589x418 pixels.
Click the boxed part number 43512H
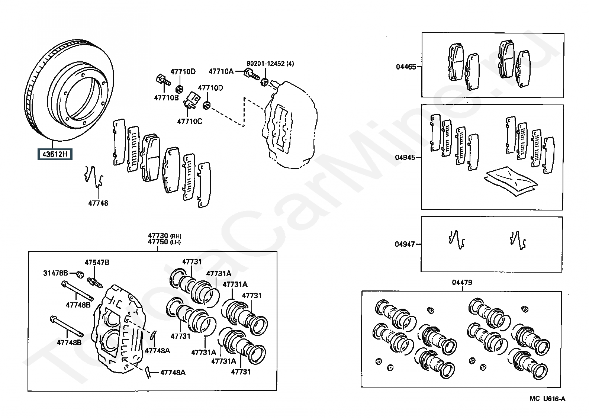55,154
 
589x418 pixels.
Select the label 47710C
190,121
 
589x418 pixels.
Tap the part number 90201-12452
265,63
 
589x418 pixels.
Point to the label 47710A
221,71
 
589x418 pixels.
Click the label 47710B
166,97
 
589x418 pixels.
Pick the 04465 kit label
406,67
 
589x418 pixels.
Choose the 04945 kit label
405,157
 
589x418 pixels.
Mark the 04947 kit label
405,244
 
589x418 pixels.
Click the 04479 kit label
462,282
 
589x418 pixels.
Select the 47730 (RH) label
165,235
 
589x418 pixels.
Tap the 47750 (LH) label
164,242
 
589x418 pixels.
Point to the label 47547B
97,262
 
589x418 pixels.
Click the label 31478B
55,273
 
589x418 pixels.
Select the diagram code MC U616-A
547,399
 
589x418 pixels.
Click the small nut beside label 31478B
80,274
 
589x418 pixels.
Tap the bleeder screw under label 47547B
95,283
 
